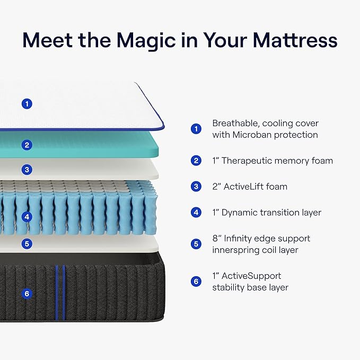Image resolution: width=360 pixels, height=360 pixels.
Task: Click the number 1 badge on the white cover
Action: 27,104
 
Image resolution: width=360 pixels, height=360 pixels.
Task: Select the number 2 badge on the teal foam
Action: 27,145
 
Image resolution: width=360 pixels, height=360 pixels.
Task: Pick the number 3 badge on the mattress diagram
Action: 27,170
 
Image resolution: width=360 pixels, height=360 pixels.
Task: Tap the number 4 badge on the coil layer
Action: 27,216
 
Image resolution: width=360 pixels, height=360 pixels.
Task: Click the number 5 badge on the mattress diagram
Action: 27,244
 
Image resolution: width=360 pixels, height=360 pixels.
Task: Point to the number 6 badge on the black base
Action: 27,293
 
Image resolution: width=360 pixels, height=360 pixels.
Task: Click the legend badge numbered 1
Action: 196,129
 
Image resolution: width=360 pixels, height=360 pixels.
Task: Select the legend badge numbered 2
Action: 196,161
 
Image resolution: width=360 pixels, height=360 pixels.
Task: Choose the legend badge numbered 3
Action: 196,187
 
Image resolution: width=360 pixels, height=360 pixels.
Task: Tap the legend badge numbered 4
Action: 196,213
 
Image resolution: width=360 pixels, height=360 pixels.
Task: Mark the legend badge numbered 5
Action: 196,244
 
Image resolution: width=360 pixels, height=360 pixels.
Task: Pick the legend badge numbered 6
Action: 196,282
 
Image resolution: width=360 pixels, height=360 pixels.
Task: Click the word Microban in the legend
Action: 252,135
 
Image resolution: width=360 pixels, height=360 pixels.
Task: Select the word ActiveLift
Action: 248,187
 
